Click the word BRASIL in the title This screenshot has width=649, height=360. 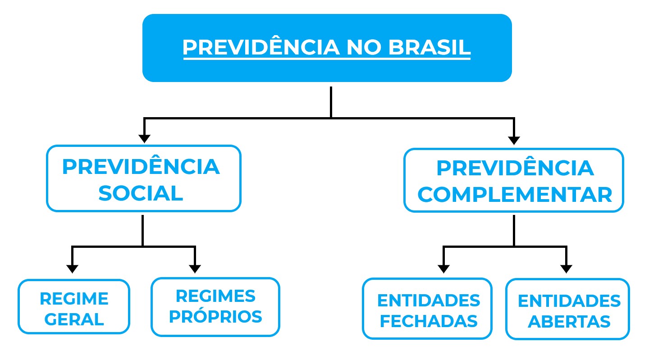tap(430, 47)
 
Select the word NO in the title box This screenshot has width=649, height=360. tap(364, 47)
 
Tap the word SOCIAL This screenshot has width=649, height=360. tap(141, 193)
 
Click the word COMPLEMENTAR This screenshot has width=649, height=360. tap(515, 195)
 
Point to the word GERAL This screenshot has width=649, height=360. tap(74, 319)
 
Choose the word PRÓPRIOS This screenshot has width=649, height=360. tap(215, 316)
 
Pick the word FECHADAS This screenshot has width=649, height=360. tap(429, 321)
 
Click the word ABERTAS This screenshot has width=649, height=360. tap(569, 322)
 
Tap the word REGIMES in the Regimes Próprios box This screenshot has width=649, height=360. tap(215, 296)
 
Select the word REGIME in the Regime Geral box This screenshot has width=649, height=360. tap(74, 299)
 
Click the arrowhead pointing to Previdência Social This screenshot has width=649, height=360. tap(144, 139)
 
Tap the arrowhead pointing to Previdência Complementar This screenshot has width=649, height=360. tap(514, 141)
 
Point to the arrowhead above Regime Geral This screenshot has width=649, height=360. tap(72, 269)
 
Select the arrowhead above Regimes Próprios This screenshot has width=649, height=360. tap(195, 269)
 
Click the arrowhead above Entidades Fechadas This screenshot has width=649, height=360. tap(443, 269)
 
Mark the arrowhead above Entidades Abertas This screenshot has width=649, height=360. tap(567, 269)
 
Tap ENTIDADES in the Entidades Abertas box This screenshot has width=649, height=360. tap(569, 301)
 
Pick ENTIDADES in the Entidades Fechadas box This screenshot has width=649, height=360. tap(429, 301)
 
